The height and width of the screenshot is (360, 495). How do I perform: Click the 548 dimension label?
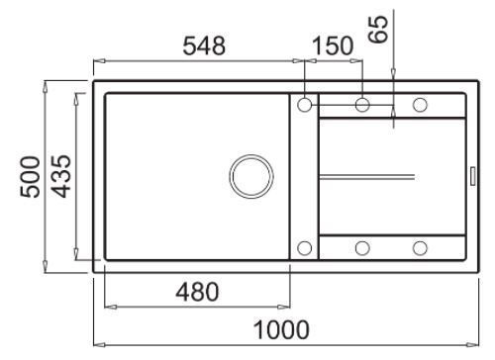click(204, 45)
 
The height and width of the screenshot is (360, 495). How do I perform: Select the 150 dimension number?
click(333, 45)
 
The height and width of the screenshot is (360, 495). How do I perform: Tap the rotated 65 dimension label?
click(378, 30)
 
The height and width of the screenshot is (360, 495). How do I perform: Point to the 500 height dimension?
click(30, 177)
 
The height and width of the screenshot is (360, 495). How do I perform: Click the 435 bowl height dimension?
click(60, 176)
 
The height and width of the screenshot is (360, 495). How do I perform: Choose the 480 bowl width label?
click(197, 292)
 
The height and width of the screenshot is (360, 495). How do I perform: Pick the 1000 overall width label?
click(281, 329)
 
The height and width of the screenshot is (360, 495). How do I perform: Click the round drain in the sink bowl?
click(251, 176)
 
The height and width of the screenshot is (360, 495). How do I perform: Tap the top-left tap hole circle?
click(304, 105)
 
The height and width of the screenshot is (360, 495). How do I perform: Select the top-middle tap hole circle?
click(362, 105)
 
